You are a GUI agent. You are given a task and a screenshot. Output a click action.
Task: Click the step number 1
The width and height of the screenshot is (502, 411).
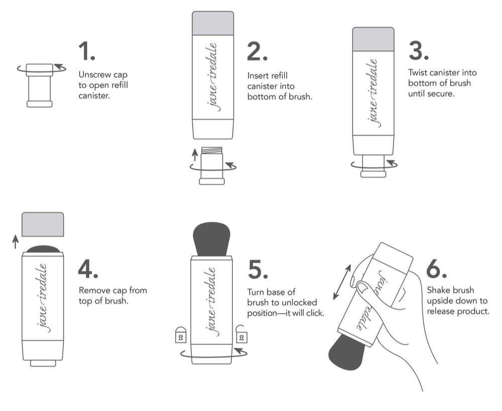[87, 51]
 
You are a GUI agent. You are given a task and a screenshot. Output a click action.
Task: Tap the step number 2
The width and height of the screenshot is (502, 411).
[257, 51]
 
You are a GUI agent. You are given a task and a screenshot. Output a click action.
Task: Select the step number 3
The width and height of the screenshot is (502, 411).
[419, 51]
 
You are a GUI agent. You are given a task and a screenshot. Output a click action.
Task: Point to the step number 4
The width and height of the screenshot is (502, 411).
[88, 268]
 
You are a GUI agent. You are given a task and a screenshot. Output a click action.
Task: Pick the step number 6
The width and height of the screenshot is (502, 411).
[436, 269]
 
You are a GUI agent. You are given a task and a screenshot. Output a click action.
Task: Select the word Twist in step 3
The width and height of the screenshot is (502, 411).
[418, 73]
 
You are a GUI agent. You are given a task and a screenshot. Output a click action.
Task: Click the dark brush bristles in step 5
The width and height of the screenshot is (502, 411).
[212, 239]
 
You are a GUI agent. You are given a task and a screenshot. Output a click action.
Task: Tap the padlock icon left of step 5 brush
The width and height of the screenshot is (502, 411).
[181, 335]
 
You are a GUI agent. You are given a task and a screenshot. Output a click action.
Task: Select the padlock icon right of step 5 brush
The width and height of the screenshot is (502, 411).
[241, 334]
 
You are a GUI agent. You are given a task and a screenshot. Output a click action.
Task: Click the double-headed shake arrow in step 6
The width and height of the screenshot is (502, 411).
[342, 282]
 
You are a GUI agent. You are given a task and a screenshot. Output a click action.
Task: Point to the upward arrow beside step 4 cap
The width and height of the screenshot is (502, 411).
[15, 242]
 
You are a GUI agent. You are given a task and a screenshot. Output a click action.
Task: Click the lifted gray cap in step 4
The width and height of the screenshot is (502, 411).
[43, 224]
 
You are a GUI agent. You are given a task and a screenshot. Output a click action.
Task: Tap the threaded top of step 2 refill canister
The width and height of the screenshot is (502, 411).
[212, 151]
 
